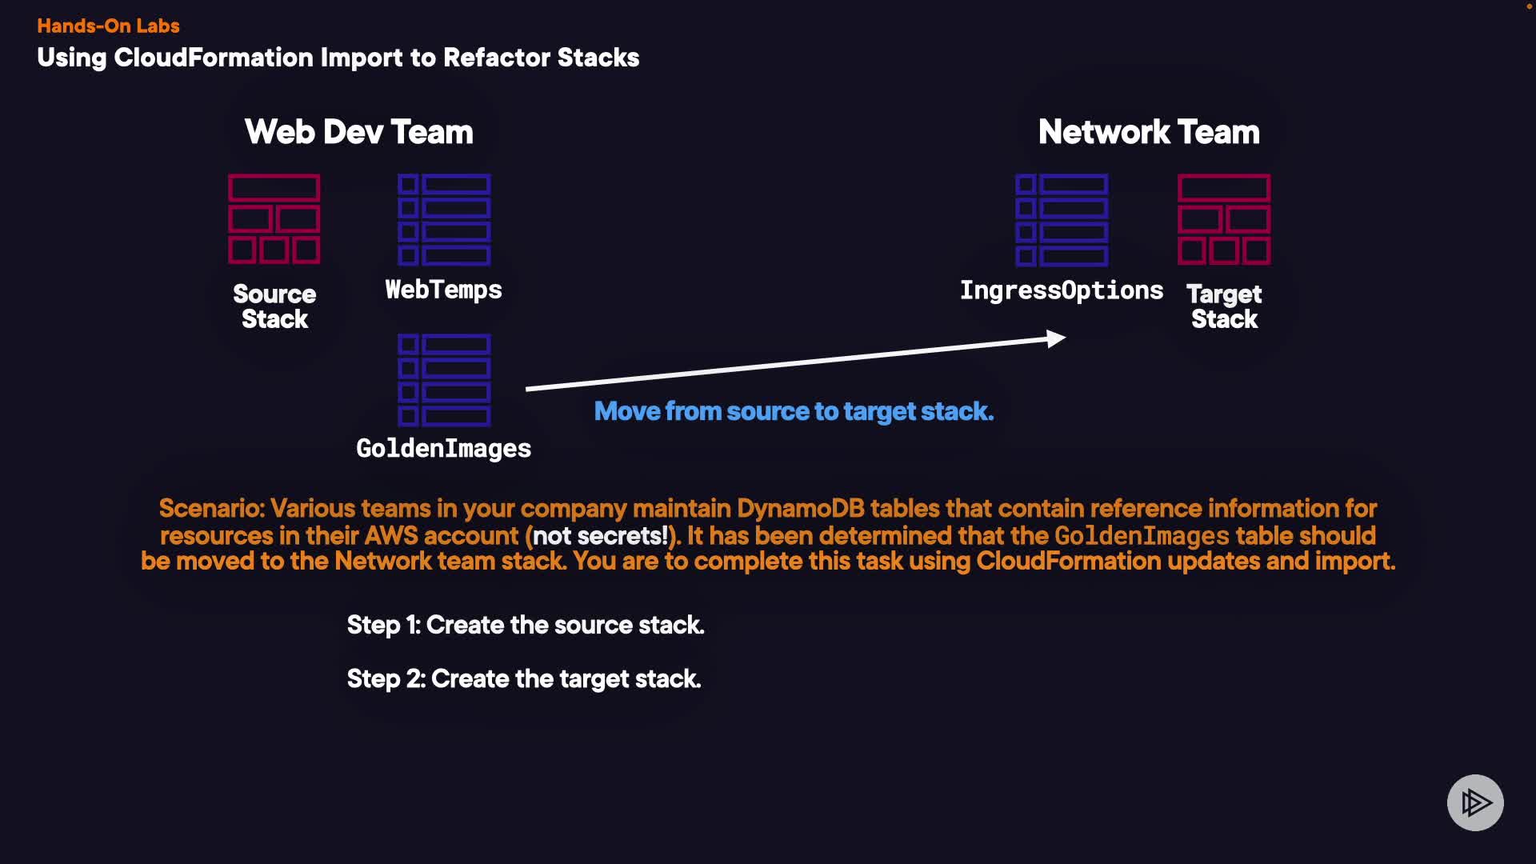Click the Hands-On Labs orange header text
point(108,26)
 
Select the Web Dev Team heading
point(359,132)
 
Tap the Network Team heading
point(1149,132)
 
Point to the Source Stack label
point(274,306)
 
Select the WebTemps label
point(444,290)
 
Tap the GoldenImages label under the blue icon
point(444,449)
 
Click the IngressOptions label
point(1062,290)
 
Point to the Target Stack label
point(1224,306)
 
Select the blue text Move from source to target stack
point(794,411)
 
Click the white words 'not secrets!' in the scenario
point(600,535)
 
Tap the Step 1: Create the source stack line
point(526,625)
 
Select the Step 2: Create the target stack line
point(524,678)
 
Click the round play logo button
point(1475,802)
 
